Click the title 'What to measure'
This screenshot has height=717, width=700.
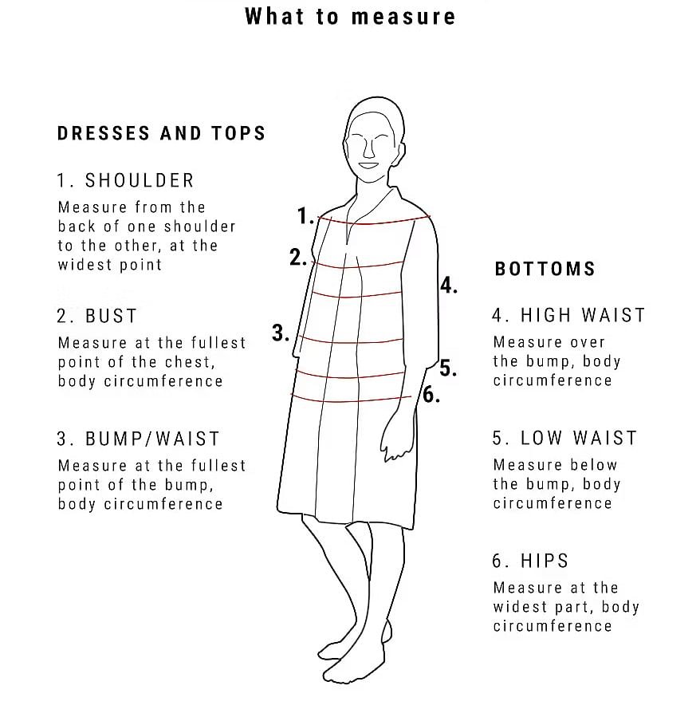point(350,17)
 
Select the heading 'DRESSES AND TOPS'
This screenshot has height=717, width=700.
point(161,133)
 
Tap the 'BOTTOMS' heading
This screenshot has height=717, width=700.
point(545,269)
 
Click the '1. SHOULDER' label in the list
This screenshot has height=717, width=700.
point(126,180)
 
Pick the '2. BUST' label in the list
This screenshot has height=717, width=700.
point(97,316)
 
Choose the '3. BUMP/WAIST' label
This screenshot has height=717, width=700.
point(139,439)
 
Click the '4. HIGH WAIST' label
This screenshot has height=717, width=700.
point(568,315)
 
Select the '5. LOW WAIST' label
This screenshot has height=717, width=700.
point(564,438)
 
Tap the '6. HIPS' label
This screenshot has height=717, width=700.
point(530,561)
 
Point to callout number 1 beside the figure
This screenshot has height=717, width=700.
point(305,216)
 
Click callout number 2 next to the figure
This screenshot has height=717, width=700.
point(298,258)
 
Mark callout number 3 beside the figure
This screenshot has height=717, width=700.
point(281,333)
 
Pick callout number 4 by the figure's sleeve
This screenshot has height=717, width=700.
point(449,286)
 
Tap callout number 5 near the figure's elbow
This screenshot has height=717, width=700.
point(448,368)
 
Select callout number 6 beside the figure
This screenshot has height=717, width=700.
point(431,394)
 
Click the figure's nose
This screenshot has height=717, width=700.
point(368,148)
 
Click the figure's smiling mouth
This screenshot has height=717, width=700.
point(368,166)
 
